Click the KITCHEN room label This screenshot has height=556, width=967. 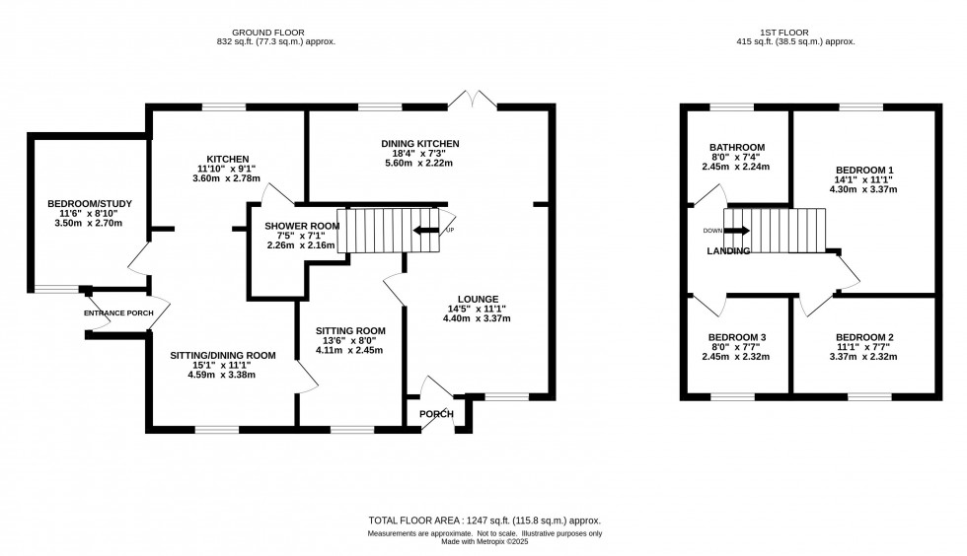pyautogui.click(x=227, y=159)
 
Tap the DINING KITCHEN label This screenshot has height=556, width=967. pyautogui.click(x=420, y=144)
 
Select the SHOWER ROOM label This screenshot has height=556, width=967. pyautogui.click(x=301, y=226)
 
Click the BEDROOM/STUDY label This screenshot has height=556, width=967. pyautogui.click(x=89, y=204)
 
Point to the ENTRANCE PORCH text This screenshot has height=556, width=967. pyautogui.click(x=118, y=313)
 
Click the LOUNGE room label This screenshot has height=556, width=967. pyautogui.click(x=478, y=299)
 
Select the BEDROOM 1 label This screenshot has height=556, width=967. pyautogui.click(x=864, y=170)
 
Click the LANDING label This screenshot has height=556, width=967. pyautogui.click(x=728, y=251)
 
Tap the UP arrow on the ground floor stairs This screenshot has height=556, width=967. pyautogui.click(x=427, y=231)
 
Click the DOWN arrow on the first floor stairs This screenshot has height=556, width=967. pyautogui.click(x=737, y=231)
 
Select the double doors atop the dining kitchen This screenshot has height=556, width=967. pyautogui.click(x=472, y=101)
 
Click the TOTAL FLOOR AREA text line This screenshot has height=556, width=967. pyautogui.click(x=483, y=520)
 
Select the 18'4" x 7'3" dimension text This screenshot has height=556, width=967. pyautogui.click(x=420, y=154)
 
